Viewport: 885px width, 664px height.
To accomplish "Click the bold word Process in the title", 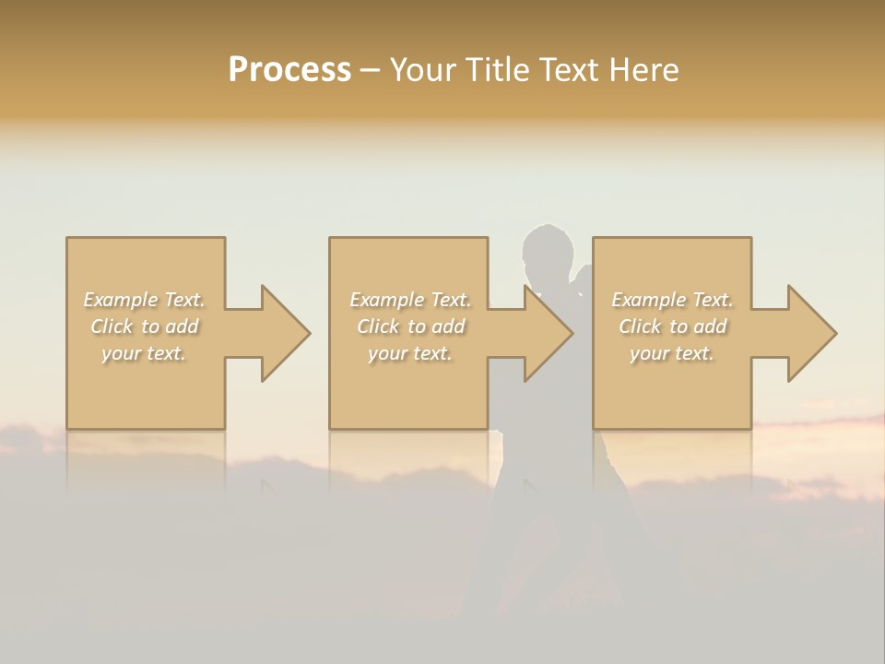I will [x=289, y=69].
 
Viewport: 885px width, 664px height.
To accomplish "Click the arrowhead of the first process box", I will [x=282, y=333].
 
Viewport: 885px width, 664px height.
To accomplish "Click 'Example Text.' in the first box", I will [x=145, y=300].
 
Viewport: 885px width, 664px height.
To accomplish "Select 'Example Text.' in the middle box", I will [x=410, y=300].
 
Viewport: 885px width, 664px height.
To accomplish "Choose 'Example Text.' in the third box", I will [x=672, y=300].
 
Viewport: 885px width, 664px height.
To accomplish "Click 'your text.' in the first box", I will [x=145, y=353].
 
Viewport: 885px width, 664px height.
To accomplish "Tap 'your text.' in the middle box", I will [x=410, y=353].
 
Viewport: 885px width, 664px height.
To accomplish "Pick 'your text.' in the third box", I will [x=672, y=353].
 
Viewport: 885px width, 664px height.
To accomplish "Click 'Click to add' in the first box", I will [x=145, y=326].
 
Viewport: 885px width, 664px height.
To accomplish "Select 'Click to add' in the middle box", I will [x=410, y=326].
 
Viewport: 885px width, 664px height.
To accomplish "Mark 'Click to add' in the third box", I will [x=672, y=326].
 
